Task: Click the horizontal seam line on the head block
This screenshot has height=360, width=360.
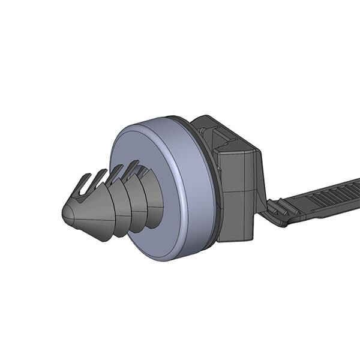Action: [240, 190]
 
